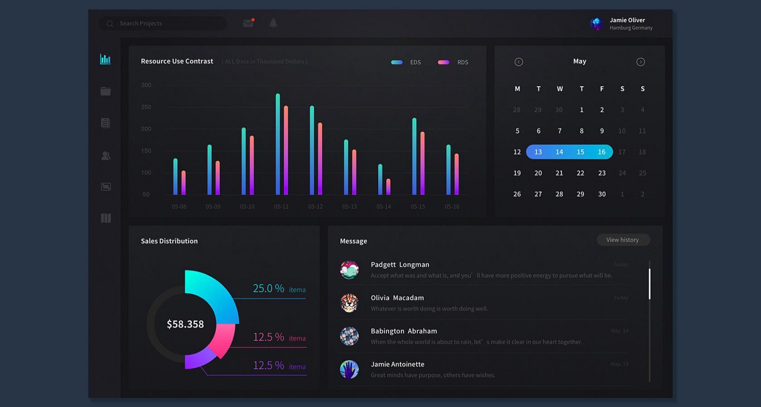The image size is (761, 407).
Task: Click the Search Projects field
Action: [162, 23]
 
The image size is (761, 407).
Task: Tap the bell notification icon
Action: [273, 23]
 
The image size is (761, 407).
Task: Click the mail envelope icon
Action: [248, 23]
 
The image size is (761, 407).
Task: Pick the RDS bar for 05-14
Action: [389, 187]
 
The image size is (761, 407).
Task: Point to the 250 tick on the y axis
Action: [146, 107]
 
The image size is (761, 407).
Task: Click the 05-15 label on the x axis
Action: [418, 207]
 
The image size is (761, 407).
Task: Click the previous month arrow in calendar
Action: [518, 62]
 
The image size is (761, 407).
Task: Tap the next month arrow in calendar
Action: [641, 62]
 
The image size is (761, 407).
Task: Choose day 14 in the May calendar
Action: [559, 152]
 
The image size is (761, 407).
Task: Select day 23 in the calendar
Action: [602, 173]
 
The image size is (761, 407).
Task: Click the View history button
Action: [623, 240]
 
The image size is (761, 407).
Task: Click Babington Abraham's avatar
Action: [349, 336]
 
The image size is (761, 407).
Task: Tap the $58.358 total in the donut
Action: [185, 324]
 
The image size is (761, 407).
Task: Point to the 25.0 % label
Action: [268, 288]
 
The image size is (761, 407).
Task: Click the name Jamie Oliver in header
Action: [627, 20]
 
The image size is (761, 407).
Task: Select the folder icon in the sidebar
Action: [106, 91]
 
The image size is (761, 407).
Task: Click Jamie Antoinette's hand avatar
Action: [349, 369]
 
